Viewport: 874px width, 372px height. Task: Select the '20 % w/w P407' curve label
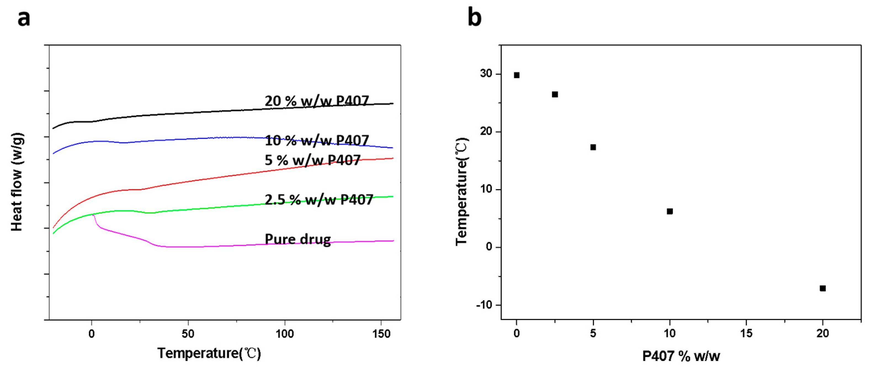point(317,101)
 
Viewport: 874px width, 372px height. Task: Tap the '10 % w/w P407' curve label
point(317,141)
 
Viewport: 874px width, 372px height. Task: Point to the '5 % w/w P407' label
point(312,160)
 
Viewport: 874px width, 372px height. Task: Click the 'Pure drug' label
point(297,239)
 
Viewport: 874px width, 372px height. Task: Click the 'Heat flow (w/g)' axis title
point(17,182)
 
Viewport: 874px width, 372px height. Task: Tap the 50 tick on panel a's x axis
point(188,334)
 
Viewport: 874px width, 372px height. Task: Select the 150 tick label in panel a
point(381,334)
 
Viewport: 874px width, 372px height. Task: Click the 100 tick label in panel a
point(284,334)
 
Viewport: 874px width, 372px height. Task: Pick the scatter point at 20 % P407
point(822,288)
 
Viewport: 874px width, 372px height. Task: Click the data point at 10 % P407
point(670,212)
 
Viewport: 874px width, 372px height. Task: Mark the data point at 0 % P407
point(516,75)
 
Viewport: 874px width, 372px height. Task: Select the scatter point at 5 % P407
point(593,147)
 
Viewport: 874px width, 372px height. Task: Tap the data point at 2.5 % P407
point(555,94)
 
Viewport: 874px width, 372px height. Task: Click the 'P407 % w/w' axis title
point(681,356)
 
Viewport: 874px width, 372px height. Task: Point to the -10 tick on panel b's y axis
point(484,305)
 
